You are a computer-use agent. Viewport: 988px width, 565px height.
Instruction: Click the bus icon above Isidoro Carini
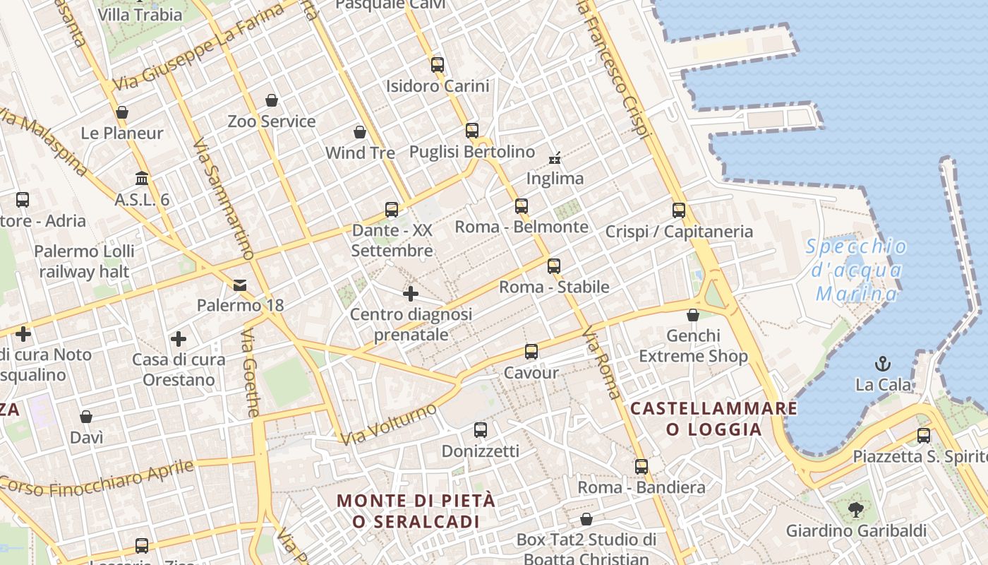(x=438, y=65)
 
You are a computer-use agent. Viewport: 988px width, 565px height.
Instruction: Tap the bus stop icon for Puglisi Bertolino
(x=472, y=131)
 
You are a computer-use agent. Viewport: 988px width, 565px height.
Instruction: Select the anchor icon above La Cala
(x=883, y=364)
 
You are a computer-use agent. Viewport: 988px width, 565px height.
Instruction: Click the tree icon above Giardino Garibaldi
(x=855, y=509)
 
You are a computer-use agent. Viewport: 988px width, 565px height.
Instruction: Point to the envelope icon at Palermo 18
(x=240, y=285)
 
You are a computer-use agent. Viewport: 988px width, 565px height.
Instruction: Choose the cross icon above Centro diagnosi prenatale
(x=411, y=293)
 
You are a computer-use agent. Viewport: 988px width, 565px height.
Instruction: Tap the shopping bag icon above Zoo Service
(x=272, y=100)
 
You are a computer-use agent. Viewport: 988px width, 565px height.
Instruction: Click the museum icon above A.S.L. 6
(x=142, y=179)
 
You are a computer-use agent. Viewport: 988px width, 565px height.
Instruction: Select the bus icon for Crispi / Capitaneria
(x=679, y=210)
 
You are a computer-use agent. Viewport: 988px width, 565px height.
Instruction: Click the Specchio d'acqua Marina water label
(x=856, y=270)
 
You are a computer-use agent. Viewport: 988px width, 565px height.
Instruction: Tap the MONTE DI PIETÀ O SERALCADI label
(x=416, y=511)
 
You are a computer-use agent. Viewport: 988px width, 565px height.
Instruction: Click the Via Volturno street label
(x=388, y=424)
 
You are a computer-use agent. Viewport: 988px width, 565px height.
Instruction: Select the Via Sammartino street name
(x=223, y=198)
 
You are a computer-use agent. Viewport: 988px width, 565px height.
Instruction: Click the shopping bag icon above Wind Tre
(x=360, y=132)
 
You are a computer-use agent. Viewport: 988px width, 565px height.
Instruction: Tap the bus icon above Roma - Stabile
(x=554, y=266)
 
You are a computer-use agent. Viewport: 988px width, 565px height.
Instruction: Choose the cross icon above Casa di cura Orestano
(x=179, y=339)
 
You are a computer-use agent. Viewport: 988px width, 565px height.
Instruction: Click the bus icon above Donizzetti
(x=481, y=430)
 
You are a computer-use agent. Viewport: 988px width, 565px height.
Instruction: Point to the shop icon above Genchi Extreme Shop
(x=693, y=315)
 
